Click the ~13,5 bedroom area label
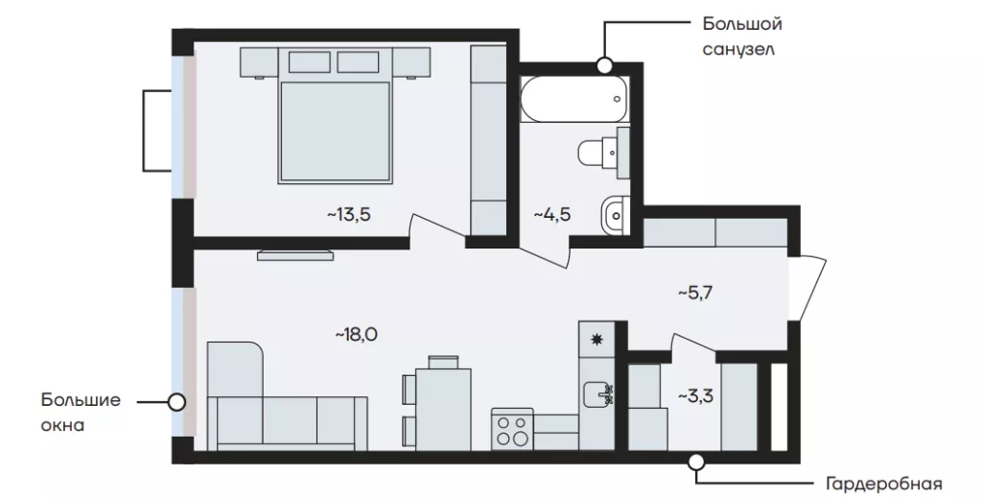tap(349, 216)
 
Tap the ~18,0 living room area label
tap(357, 335)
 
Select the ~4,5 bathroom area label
tap(552, 216)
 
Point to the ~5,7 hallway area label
tap(697, 293)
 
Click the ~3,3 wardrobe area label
tap(697, 396)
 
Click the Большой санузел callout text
tap(742, 36)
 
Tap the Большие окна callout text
tap(82, 413)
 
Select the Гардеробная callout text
tap(883, 485)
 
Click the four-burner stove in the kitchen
tap(512, 429)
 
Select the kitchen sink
tap(598, 394)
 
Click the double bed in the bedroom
tap(336, 131)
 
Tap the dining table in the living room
tap(443, 409)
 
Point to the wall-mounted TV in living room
tap(295, 254)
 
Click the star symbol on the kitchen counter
tap(596, 340)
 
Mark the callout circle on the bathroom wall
tap(604, 64)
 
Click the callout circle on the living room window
tap(177, 402)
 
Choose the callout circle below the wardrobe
tap(696, 462)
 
